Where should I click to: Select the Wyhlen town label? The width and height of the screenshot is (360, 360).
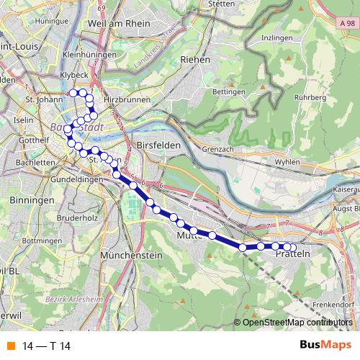[287, 162]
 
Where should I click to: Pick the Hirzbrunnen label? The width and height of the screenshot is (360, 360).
[127, 100]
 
